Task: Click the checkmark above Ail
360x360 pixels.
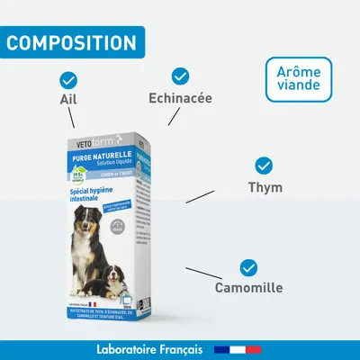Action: [67, 79]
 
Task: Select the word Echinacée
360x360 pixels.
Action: [180, 97]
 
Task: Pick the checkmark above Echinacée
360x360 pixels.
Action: [180, 76]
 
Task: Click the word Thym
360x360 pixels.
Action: [265, 187]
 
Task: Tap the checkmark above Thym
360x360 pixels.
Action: [264, 166]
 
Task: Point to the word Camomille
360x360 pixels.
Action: [248, 289]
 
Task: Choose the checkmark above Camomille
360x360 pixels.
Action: [248, 267]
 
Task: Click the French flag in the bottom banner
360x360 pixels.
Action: [237, 349]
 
